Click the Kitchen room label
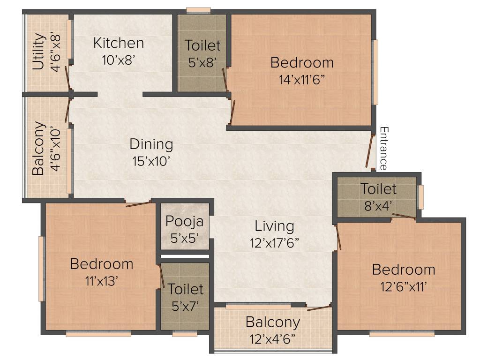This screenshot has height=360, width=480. click(x=119, y=43)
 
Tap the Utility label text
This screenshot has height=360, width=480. click(x=39, y=52)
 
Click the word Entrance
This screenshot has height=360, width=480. click(x=383, y=148)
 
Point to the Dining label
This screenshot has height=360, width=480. click(x=151, y=144)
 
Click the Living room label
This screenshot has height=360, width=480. click(x=274, y=226)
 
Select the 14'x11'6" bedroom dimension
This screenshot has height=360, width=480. click(x=302, y=79)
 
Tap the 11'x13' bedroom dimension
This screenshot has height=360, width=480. click(x=101, y=281)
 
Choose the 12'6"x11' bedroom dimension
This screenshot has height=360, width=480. click(x=404, y=286)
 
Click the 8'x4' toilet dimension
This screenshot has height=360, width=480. click(x=378, y=205)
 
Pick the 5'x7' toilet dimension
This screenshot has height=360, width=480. click(x=185, y=306)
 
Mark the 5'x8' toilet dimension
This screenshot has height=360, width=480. click(x=202, y=62)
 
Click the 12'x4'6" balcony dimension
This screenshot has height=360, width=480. click(x=272, y=338)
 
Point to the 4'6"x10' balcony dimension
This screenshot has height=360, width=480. click(x=56, y=148)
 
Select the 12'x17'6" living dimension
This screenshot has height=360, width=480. click(x=274, y=243)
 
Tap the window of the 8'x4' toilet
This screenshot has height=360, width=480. click(x=421, y=197)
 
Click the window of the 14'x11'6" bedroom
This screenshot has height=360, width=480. click(x=375, y=72)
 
